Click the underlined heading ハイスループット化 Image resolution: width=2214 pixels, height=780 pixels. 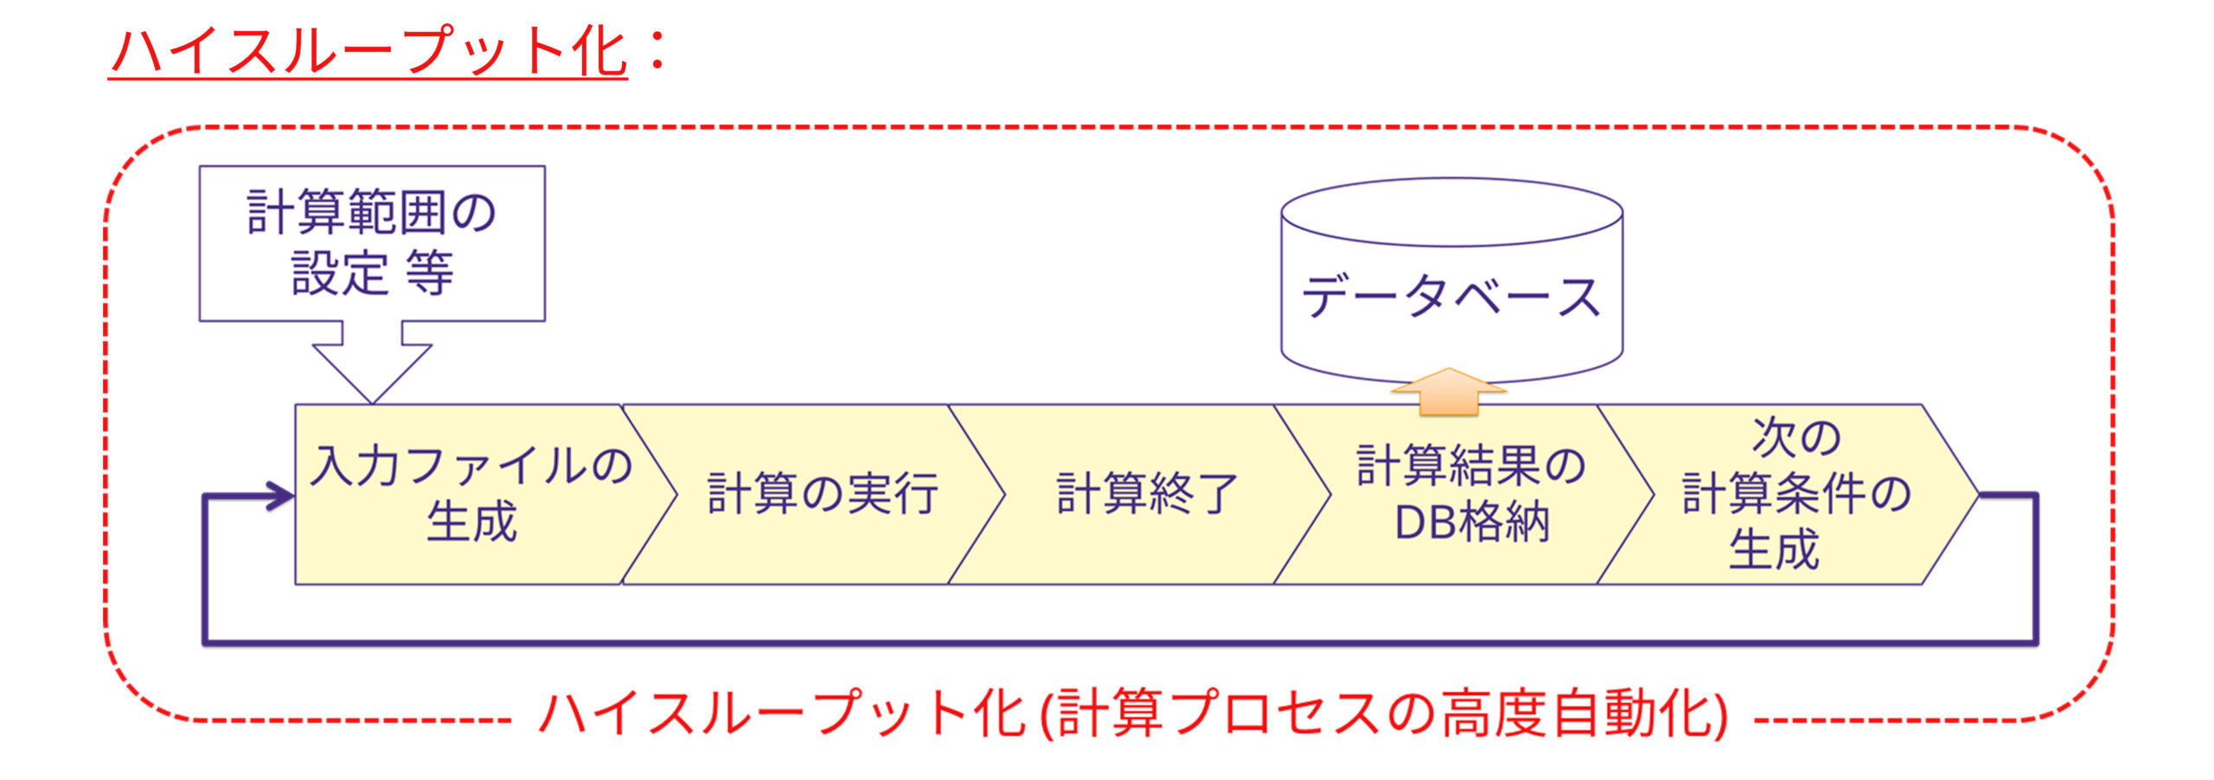pos(368,52)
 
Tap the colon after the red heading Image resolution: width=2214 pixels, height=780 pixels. pos(657,50)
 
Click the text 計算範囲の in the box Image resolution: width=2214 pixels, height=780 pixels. pos(372,213)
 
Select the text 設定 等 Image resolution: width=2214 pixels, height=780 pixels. pos(372,273)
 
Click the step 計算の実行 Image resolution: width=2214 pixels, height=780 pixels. pos(822,495)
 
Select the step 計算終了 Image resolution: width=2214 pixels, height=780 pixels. pos(1147,495)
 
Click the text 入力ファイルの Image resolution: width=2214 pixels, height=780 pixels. pos(471,466)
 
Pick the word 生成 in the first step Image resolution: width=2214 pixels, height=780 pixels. pos(471,521)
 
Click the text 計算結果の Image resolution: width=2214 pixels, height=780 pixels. pos(1470,466)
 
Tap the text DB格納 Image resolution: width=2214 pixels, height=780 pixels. pos(1470,522)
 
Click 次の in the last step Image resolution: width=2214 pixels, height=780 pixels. pos(1795,438)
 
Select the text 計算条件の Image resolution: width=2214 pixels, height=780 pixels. pos(1795,494)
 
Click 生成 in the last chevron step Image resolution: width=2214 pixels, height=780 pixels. pos(1773,550)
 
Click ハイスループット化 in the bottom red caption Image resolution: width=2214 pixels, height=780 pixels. pos(783,714)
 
